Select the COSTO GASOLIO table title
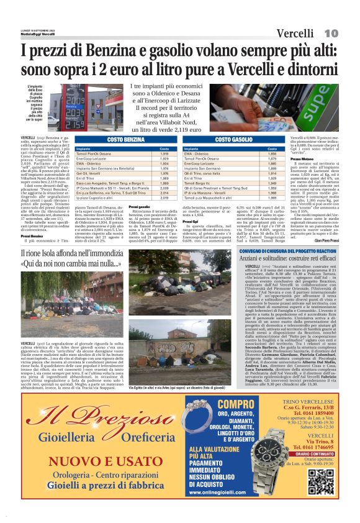pos(233,140)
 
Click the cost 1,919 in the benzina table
pos(164,153)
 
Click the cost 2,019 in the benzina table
pos(164,198)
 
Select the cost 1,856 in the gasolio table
pos(272,153)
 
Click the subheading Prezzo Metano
pos(302,159)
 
